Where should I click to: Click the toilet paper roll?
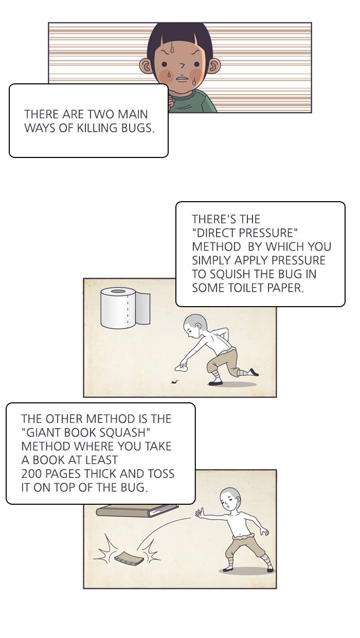[125, 308]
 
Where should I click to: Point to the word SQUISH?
[229, 274]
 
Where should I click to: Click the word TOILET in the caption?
[246, 288]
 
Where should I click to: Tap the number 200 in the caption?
[31, 474]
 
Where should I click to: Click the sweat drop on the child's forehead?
[172, 47]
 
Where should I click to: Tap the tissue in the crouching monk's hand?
[181, 368]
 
